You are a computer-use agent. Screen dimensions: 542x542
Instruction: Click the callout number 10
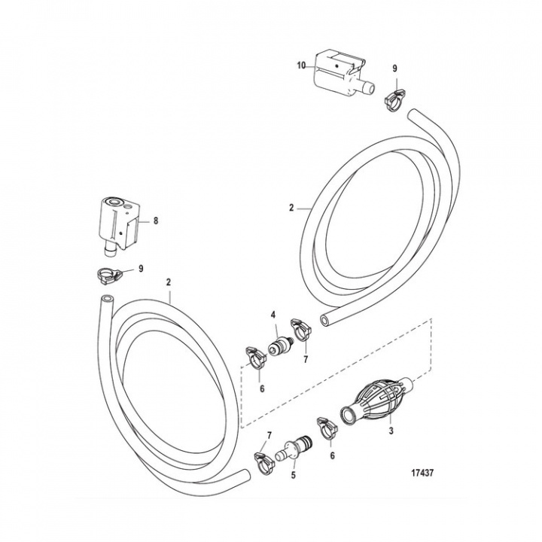[x=300, y=65]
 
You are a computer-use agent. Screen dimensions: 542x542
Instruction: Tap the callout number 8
[x=156, y=221]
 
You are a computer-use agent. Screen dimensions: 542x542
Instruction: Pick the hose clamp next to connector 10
[x=393, y=97]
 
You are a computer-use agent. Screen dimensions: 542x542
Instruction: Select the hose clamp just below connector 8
[x=110, y=275]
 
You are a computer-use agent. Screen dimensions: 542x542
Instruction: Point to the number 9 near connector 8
[x=141, y=269]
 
